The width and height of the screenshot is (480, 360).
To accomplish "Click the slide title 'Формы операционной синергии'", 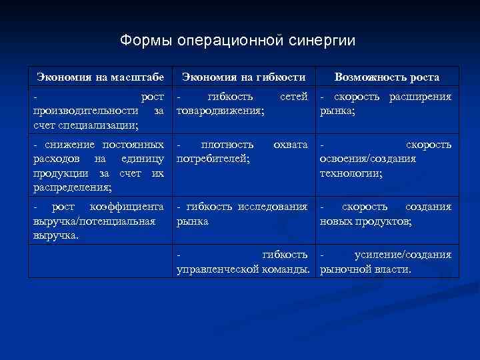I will click(x=238, y=41).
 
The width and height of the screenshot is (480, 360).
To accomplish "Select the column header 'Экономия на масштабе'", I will click(x=100, y=77).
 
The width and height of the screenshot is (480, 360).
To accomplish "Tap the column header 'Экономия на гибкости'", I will click(x=244, y=77).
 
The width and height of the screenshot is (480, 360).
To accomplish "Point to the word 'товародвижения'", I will click(x=220, y=111).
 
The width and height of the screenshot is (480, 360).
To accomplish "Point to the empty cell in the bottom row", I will click(x=100, y=261).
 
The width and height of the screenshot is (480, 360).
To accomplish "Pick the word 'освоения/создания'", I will click(x=368, y=159).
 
